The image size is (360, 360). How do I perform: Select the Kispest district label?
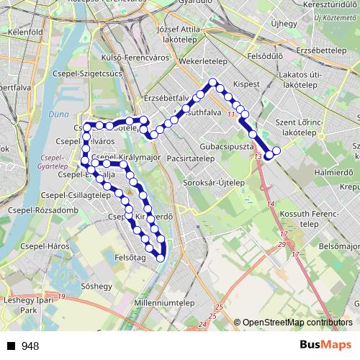246,84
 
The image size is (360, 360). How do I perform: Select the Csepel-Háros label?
66,246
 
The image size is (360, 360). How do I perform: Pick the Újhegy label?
284,24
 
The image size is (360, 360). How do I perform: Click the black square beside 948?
10,346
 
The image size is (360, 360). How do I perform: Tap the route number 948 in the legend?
30,346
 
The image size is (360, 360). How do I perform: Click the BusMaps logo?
326,346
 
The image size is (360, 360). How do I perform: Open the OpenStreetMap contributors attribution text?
295,323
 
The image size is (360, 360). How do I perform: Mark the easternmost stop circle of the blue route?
276,150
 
